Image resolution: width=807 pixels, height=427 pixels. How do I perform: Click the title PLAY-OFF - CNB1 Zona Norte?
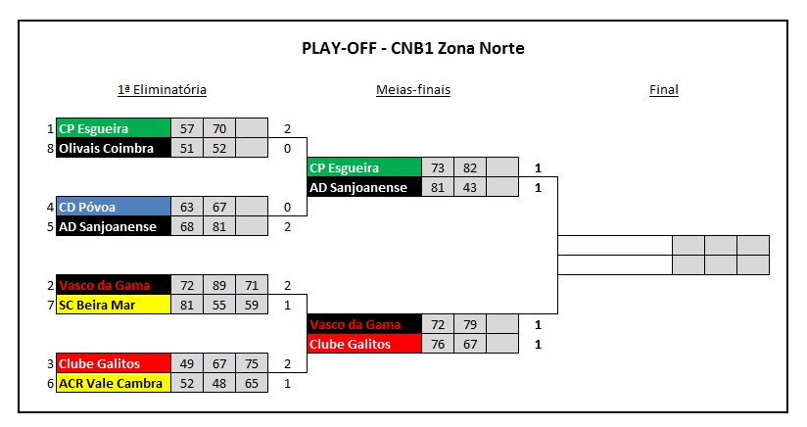[x=412, y=48]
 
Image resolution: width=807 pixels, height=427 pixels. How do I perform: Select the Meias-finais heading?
[x=412, y=90]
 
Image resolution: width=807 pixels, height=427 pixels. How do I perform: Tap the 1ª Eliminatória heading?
[x=162, y=90]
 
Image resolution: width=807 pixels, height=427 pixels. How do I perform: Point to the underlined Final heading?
[x=663, y=90]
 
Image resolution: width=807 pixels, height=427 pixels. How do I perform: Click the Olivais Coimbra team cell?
[x=113, y=148]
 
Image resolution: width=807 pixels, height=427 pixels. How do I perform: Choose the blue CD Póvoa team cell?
[x=113, y=207]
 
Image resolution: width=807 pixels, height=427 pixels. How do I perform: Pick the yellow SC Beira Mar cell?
[x=113, y=305]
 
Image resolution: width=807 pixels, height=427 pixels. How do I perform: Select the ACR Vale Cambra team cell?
[x=113, y=383]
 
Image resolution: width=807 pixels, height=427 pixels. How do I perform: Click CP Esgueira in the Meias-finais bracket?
[x=364, y=167]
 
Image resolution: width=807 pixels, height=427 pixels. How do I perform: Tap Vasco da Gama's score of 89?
[x=218, y=285]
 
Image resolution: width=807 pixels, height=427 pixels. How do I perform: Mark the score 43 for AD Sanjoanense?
[x=470, y=187]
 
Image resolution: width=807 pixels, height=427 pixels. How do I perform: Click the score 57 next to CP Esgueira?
[x=186, y=128]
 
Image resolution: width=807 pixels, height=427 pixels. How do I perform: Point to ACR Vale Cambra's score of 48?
[x=218, y=383]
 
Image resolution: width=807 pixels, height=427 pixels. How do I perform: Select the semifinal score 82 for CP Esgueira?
[x=470, y=167]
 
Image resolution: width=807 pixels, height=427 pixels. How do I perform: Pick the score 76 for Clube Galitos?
[x=438, y=344]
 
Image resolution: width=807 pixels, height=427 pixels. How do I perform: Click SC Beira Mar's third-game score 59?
[x=251, y=305]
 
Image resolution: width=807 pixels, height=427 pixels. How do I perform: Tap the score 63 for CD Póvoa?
[x=186, y=207]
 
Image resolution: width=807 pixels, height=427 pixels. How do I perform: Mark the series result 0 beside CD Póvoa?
[x=288, y=207]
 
